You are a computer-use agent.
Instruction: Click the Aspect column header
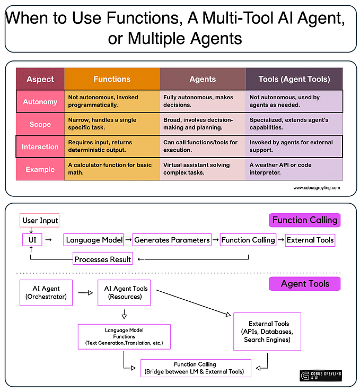[x=40, y=79]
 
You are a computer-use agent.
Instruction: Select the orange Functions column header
[x=112, y=79]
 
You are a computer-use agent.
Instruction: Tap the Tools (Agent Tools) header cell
[x=294, y=79]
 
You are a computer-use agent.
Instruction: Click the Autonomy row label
[x=40, y=101]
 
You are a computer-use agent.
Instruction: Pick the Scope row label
[x=40, y=124]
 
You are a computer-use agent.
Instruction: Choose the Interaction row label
[x=40, y=146]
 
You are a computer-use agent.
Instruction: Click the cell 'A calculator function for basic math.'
[x=112, y=169]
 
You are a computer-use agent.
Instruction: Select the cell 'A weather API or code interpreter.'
[x=294, y=169]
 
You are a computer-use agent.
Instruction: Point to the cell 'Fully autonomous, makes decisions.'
[x=203, y=101]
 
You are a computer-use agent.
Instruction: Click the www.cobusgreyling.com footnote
[x=317, y=188]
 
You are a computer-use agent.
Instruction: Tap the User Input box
[x=40, y=220]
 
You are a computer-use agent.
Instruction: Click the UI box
[x=31, y=240]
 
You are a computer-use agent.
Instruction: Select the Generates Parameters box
[x=172, y=240]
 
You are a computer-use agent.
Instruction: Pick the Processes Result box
[x=103, y=259]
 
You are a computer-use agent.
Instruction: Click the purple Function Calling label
[x=304, y=220]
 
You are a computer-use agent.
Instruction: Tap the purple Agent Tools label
[x=305, y=284]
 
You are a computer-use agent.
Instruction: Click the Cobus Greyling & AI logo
[x=321, y=376]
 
